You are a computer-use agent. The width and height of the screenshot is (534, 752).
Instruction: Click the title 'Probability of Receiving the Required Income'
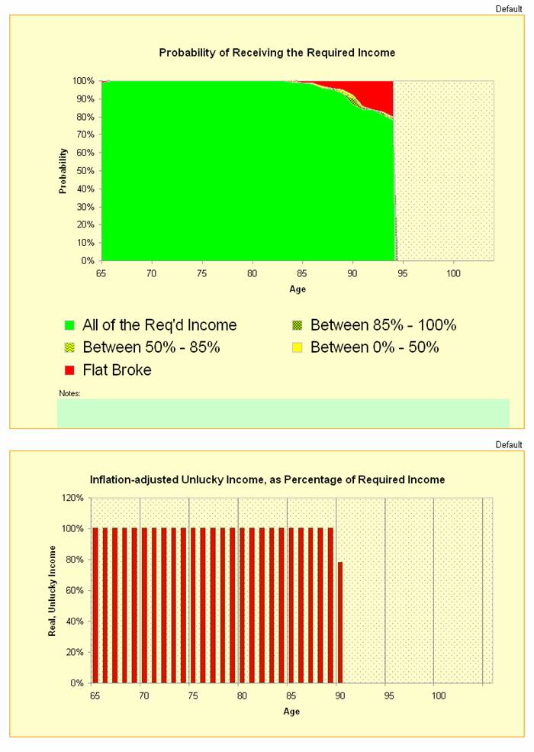tap(277, 53)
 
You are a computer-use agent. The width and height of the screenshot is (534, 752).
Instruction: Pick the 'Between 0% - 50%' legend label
tap(375, 347)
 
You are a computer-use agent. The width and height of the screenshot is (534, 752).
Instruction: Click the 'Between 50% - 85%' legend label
tap(151, 347)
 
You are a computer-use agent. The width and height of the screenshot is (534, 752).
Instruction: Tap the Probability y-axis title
tap(64, 170)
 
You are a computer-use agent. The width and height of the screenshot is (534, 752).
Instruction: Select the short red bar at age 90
tap(340, 622)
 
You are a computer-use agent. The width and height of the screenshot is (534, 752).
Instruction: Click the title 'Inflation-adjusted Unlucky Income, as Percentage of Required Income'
tap(267, 479)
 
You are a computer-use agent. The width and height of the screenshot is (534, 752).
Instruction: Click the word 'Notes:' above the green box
tap(69, 394)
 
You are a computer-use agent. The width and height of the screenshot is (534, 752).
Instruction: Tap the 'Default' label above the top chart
tap(509, 8)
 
